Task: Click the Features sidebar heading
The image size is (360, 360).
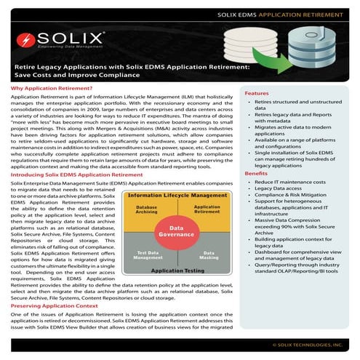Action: (256, 94)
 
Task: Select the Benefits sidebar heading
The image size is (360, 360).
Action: (256, 175)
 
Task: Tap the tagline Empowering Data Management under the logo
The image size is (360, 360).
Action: (69, 47)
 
